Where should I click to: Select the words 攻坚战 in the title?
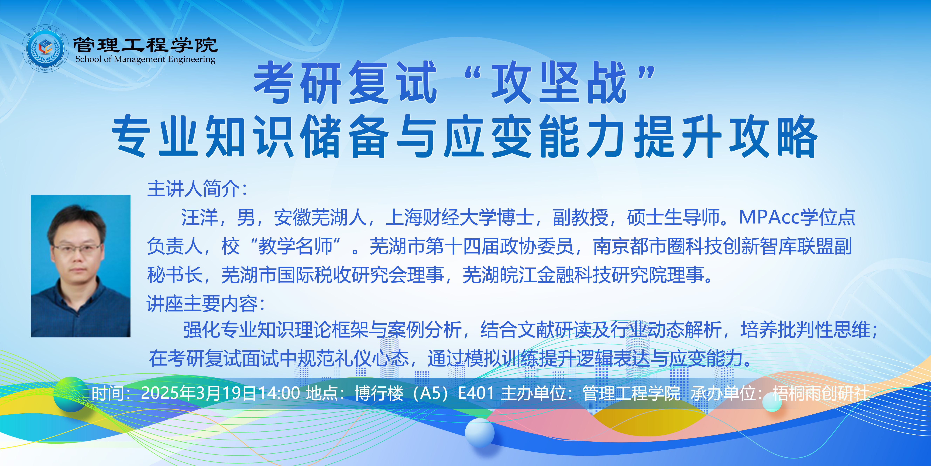click(x=559, y=83)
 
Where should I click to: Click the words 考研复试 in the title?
click(x=345, y=83)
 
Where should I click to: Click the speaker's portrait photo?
click(x=81, y=266)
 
